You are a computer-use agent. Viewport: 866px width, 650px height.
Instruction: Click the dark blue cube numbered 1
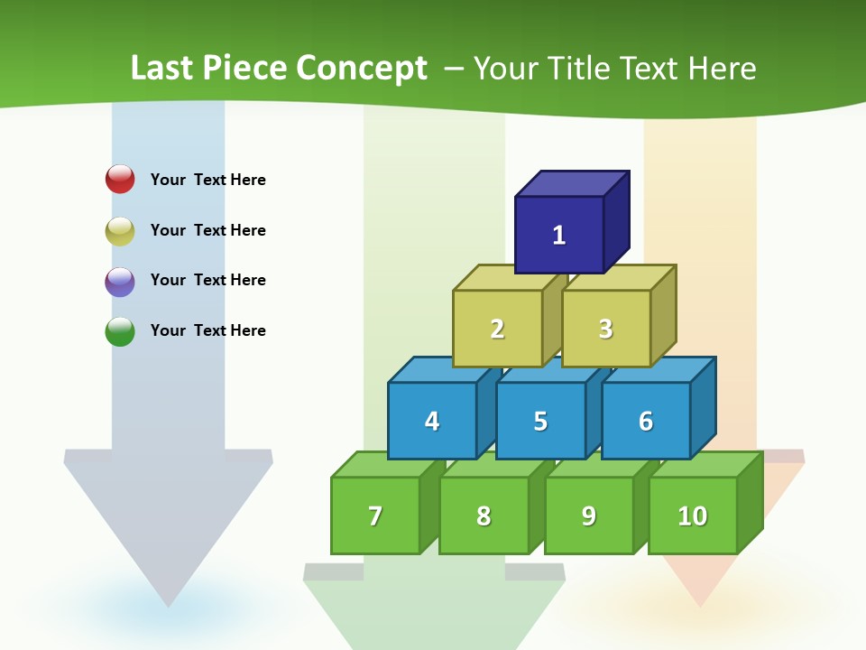[559, 235]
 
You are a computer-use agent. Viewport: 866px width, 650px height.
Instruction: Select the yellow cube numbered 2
[497, 329]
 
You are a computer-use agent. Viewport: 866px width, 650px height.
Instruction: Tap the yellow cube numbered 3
[605, 329]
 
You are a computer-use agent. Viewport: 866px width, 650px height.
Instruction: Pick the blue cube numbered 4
[432, 421]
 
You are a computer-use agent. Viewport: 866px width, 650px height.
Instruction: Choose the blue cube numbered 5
[540, 421]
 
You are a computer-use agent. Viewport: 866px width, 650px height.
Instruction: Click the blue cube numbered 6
[645, 421]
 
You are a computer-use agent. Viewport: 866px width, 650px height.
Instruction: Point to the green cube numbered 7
[375, 515]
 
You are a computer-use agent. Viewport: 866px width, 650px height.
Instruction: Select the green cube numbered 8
[484, 515]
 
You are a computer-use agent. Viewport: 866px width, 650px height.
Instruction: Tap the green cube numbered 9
[588, 515]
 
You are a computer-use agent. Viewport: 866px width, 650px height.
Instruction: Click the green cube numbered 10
[692, 515]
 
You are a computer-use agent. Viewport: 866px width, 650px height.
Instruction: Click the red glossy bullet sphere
[120, 179]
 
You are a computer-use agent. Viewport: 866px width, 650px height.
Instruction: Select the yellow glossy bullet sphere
[120, 230]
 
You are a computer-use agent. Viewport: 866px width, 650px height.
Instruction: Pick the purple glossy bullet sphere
[120, 281]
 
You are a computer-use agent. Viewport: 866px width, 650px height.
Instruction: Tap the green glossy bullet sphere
[120, 331]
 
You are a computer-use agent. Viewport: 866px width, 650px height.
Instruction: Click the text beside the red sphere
[207, 180]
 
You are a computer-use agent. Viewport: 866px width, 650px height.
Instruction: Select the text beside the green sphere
[207, 330]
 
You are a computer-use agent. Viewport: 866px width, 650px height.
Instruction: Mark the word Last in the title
[162, 69]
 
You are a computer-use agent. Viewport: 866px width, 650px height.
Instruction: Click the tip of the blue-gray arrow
[168, 603]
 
